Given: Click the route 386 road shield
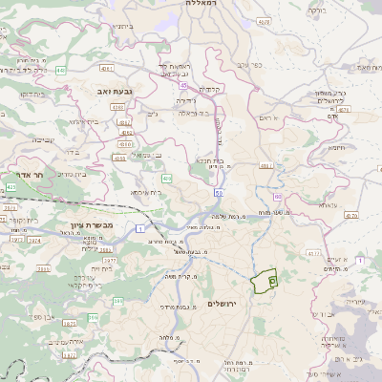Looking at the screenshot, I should pyautogui.click(x=118, y=302).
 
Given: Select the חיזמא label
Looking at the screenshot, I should pyautogui.click(x=336, y=149).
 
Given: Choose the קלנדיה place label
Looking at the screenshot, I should pyautogui.click(x=211, y=89).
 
